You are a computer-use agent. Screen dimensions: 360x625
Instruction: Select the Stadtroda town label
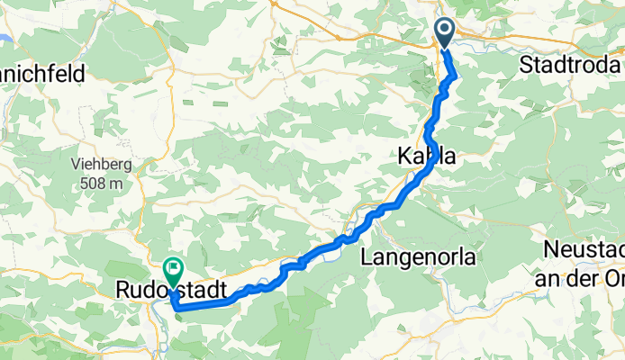[571, 66]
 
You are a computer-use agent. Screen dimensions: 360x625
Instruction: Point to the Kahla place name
[426, 157]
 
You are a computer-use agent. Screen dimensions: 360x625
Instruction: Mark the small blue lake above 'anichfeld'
[4, 39]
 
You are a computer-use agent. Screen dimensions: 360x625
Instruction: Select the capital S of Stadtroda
[526, 66]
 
